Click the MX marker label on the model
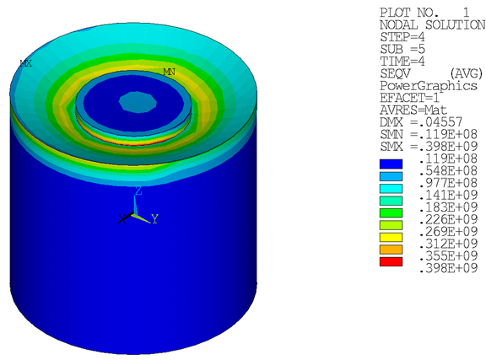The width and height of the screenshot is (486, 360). pos(25,62)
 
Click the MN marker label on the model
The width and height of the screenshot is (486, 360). pos(169,73)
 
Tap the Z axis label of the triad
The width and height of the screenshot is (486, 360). pos(139,192)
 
